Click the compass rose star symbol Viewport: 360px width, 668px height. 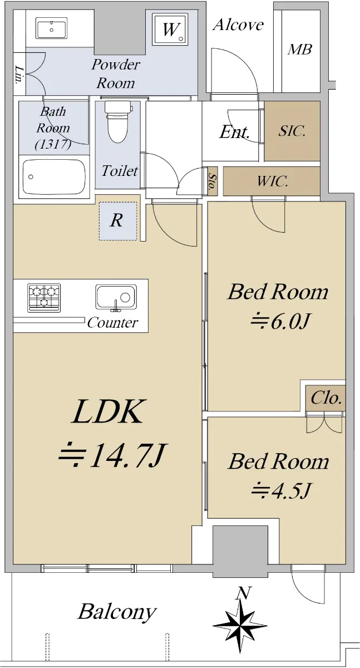[x=240, y=626]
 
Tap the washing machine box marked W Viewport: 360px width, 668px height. [x=170, y=29]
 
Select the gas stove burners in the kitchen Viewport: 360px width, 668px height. [x=44, y=298]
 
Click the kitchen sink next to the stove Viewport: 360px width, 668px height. [x=116, y=297]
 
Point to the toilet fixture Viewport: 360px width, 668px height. [x=118, y=121]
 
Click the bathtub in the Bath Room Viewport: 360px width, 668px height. [x=54, y=176]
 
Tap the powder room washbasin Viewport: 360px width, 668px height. [x=52, y=28]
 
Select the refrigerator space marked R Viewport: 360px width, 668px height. [x=118, y=221]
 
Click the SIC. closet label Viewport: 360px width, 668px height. [x=292, y=131]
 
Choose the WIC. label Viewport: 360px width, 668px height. [x=273, y=181]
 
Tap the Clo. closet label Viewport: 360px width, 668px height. [x=326, y=398]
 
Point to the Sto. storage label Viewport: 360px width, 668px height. [x=212, y=181]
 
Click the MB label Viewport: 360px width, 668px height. [x=300, y=49]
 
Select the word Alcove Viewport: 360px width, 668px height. [x=238, y=24]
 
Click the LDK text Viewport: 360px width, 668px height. [x=107, y=412]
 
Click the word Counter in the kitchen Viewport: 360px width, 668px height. [x=112, y=322]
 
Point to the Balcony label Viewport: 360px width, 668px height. [x=117, y=612]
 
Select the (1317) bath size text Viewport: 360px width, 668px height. [x=53, y=145]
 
